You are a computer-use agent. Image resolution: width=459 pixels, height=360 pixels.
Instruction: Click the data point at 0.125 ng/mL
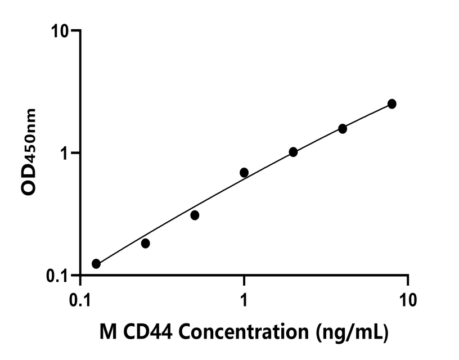point(96,264)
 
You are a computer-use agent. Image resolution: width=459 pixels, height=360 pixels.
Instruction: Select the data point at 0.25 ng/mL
point(146,244)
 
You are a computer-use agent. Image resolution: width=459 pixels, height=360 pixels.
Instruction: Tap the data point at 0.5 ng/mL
point(195,215)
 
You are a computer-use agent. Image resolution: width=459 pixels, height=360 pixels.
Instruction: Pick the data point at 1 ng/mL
point(244,172)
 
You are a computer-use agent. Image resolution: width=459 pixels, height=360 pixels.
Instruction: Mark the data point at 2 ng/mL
point(293,152)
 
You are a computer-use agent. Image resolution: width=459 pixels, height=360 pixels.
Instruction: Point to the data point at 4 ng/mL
point(343,129)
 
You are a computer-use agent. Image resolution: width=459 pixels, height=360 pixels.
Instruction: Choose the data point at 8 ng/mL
point(391,104)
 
